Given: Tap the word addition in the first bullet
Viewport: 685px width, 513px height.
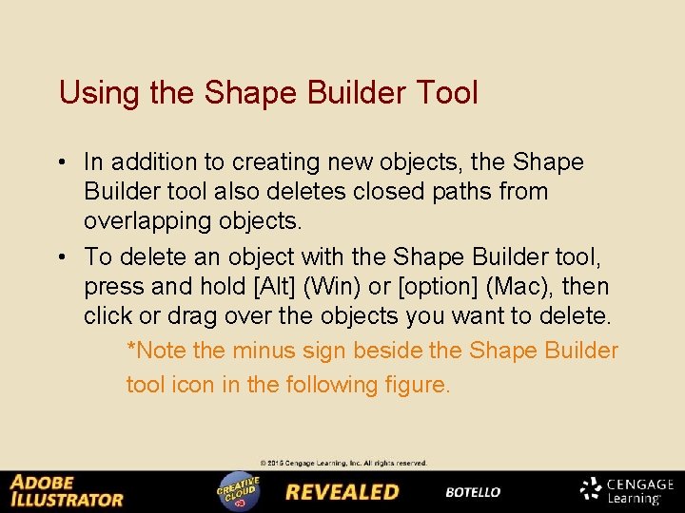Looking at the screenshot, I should point(151,162).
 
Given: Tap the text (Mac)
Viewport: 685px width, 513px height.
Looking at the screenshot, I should point(522,286).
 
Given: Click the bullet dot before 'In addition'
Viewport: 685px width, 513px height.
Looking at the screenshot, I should point(63,162).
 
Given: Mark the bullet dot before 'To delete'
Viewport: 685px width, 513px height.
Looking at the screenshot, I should point(63,256).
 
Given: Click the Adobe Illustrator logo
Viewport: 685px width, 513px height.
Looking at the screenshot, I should point(67,490).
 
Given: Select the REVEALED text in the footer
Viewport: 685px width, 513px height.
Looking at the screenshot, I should point(342,492).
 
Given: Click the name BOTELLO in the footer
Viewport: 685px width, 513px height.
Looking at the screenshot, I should point(473,492).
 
